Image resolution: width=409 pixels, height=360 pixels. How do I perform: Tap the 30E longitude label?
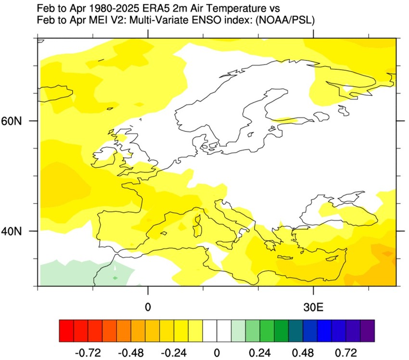tap(314, 307)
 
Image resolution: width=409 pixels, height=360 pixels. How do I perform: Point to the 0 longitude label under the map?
tap(148, 307)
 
